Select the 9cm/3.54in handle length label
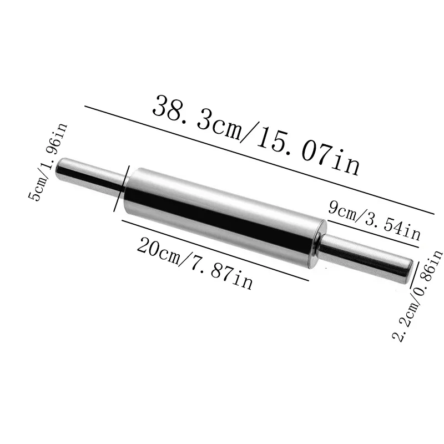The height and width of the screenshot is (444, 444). (x=375, y=220)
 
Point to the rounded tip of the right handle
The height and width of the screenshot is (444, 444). (x=408, y=272)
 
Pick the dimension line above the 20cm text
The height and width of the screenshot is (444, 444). (x=214, y=249)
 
